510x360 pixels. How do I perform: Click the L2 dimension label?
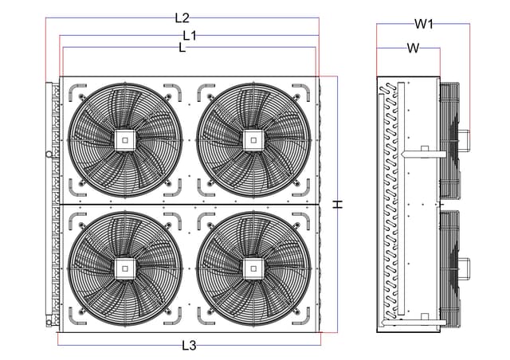(182, 18)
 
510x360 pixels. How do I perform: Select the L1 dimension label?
(190, 36)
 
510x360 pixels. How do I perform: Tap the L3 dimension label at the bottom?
(189, 346)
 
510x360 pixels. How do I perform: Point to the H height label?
(338, 204)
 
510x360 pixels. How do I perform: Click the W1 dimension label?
(424, 24)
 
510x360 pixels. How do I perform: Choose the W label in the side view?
(414, 48)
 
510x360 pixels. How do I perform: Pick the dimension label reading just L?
(182, 48)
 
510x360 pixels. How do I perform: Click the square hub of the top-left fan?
(125, 140)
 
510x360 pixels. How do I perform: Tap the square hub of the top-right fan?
(253, 140)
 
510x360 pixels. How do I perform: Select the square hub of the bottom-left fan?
(125, 268)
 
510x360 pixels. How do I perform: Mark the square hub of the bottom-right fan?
(253, 268)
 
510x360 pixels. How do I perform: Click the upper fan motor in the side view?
(464, 140)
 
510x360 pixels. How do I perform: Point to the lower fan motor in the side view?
(464, 269)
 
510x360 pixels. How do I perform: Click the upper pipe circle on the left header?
(49, 155)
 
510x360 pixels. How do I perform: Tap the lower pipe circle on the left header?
(49, 323)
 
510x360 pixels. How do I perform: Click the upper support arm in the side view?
(423, 154)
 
